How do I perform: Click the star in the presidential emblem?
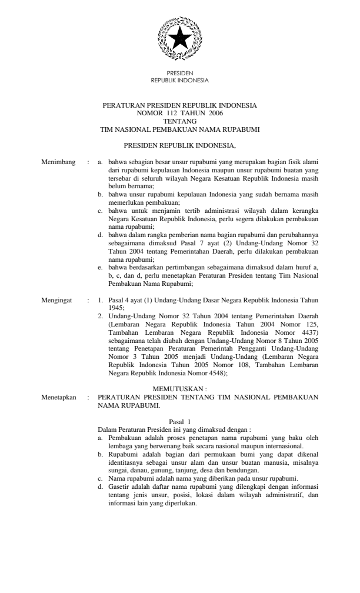point(179,39)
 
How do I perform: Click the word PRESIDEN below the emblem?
point(179,74)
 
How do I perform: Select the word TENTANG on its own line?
point(179,120)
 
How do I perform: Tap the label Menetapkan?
point(59,397)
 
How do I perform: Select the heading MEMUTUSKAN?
point(179,389)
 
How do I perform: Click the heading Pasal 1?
point(180,422)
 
